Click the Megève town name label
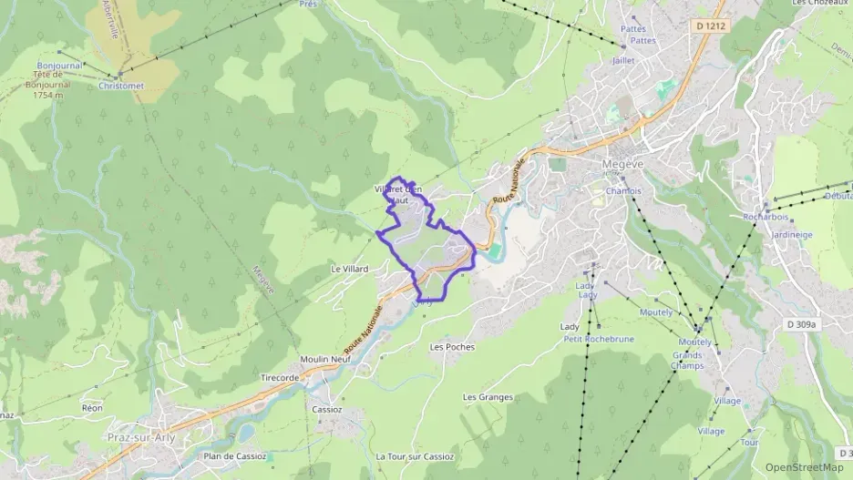tap(622, 164)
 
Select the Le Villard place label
tap(349, 270)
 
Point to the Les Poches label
tap(452, 347)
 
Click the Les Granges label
tap(488, 397)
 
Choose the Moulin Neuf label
tap(325, 360)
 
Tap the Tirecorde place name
tap(280, 377)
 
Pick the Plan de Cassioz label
tap(235, 456)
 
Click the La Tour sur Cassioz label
tap(415, 456)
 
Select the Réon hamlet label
tap(92, 408)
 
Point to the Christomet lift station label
tap(121, 86)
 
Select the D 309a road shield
tap(802, 323)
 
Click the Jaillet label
tap(623, 60)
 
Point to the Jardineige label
tap(792, 234)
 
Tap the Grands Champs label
tap(688, 361)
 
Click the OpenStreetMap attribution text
tap(804, 467)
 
